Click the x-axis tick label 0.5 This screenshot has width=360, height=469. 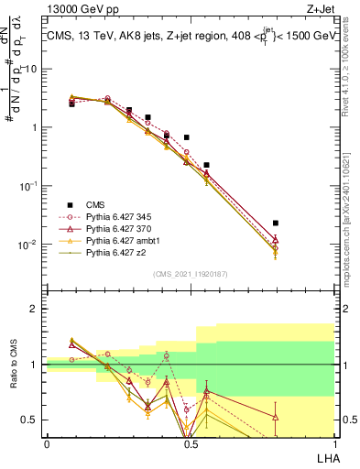tap(189, 444)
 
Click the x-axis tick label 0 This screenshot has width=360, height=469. tap(47, 444)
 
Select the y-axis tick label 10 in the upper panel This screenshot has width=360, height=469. tap(31, 69)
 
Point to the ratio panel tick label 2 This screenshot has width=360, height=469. tap(36, 309)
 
